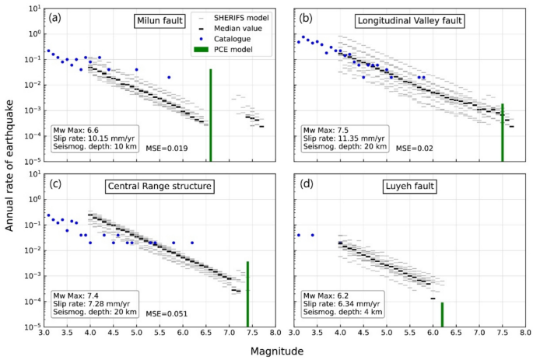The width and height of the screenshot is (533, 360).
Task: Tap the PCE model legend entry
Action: point(231,50)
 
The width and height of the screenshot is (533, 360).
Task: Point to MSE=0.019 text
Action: point(169,147)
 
